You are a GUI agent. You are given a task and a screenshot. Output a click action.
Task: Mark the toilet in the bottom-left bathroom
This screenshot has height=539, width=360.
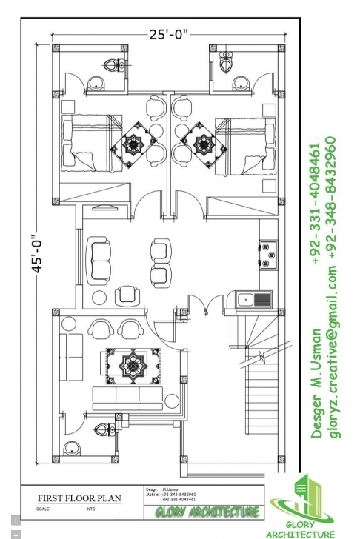click(x=101, y=430)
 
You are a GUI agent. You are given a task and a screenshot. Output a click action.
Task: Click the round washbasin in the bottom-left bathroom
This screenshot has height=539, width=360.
click(x=71, y=447)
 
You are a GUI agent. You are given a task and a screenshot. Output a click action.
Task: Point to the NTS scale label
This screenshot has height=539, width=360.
click(x=90, y=509)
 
